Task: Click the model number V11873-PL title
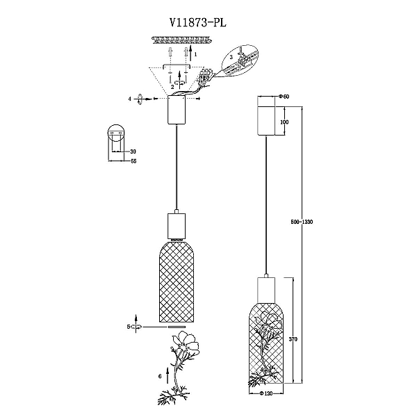(198, 23)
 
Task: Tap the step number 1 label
(196, 54)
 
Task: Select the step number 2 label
(172, 87)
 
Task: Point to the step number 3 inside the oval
(231, 57)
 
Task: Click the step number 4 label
(130, 99)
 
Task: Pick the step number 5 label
(129, 327)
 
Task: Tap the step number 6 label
(160, 376)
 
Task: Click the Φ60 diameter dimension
(284, 97)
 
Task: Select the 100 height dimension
(284, 122)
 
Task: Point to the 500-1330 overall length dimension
(302, 222)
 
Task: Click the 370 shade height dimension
(293, 339)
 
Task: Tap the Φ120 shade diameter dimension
(266, 393)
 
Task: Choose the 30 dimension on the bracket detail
(133, 152)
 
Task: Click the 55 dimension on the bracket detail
(133, 161)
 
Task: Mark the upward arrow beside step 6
(167, 375)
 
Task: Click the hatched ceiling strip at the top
(182, 40)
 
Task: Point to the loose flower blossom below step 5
(186, 343)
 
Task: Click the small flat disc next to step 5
(177, 327)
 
